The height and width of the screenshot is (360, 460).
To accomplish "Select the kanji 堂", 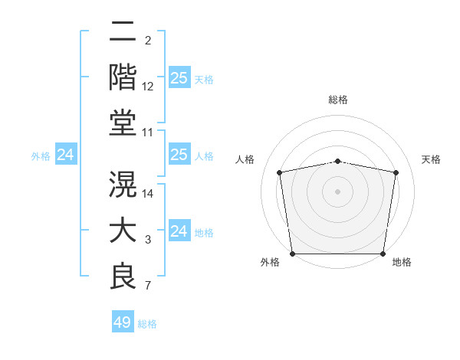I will coord(123,123).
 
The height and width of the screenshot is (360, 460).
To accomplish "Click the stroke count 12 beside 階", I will coord(148,87).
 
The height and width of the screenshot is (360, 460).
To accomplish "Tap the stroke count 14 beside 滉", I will coord(148,194).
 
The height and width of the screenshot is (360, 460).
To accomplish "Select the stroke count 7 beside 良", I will coord(148,286).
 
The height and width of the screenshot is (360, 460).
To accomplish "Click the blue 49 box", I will coord(123,322).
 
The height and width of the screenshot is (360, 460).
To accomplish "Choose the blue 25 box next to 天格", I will coord(179,78).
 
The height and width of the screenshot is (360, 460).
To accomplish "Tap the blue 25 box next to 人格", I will coord(179,155).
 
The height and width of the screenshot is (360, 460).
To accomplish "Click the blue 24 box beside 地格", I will coord(179,231).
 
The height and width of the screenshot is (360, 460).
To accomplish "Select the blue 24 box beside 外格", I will coord(65,155).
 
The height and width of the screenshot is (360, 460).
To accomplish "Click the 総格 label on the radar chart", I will coord(338,100).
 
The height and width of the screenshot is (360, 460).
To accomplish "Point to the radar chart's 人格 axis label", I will coord(245,159).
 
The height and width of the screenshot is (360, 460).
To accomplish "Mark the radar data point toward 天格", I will coord(396,172).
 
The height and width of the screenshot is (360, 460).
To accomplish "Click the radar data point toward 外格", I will coord(292,254).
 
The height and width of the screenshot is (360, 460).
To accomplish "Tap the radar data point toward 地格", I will coord(383,254).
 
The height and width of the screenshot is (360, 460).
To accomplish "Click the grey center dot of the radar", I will coord(338,191).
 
